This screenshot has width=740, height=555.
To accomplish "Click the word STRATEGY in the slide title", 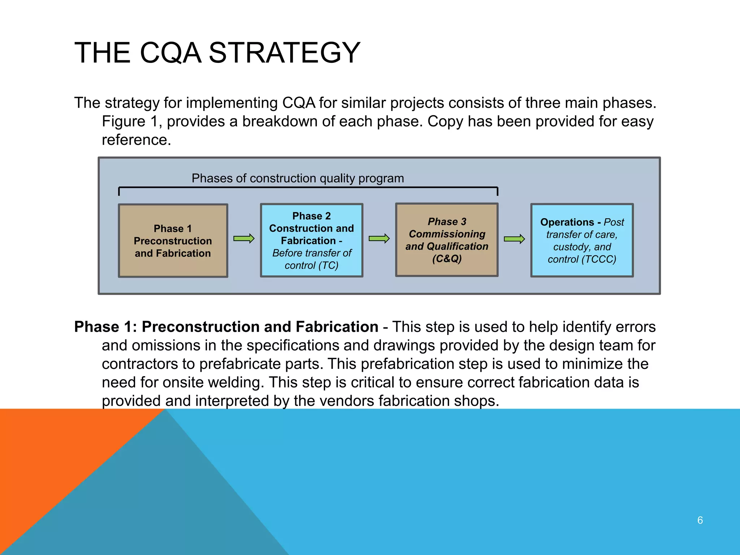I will [284, 53].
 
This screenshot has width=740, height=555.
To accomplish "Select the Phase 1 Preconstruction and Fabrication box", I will [173, 241].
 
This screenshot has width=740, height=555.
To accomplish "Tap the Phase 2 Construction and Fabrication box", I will [311, 241].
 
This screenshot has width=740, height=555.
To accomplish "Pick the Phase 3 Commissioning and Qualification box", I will [447, 240].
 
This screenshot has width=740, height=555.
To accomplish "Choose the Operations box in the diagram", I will [582, 241].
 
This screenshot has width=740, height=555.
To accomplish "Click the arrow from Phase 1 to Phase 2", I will [244, 239].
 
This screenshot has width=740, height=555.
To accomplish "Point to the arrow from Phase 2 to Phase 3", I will [379, 239].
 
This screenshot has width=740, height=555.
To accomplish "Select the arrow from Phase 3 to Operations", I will [514, 239].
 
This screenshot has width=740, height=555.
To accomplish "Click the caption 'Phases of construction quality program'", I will [298, 178].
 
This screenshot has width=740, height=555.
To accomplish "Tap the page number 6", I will [700, 520].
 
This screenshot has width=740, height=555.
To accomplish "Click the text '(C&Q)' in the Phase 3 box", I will [447, 259].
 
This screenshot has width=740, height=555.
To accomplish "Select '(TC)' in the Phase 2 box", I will [328, 266].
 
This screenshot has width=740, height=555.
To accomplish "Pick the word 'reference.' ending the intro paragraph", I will [136, 140].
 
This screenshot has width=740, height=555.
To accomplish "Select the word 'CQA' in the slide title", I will [170, 53].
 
